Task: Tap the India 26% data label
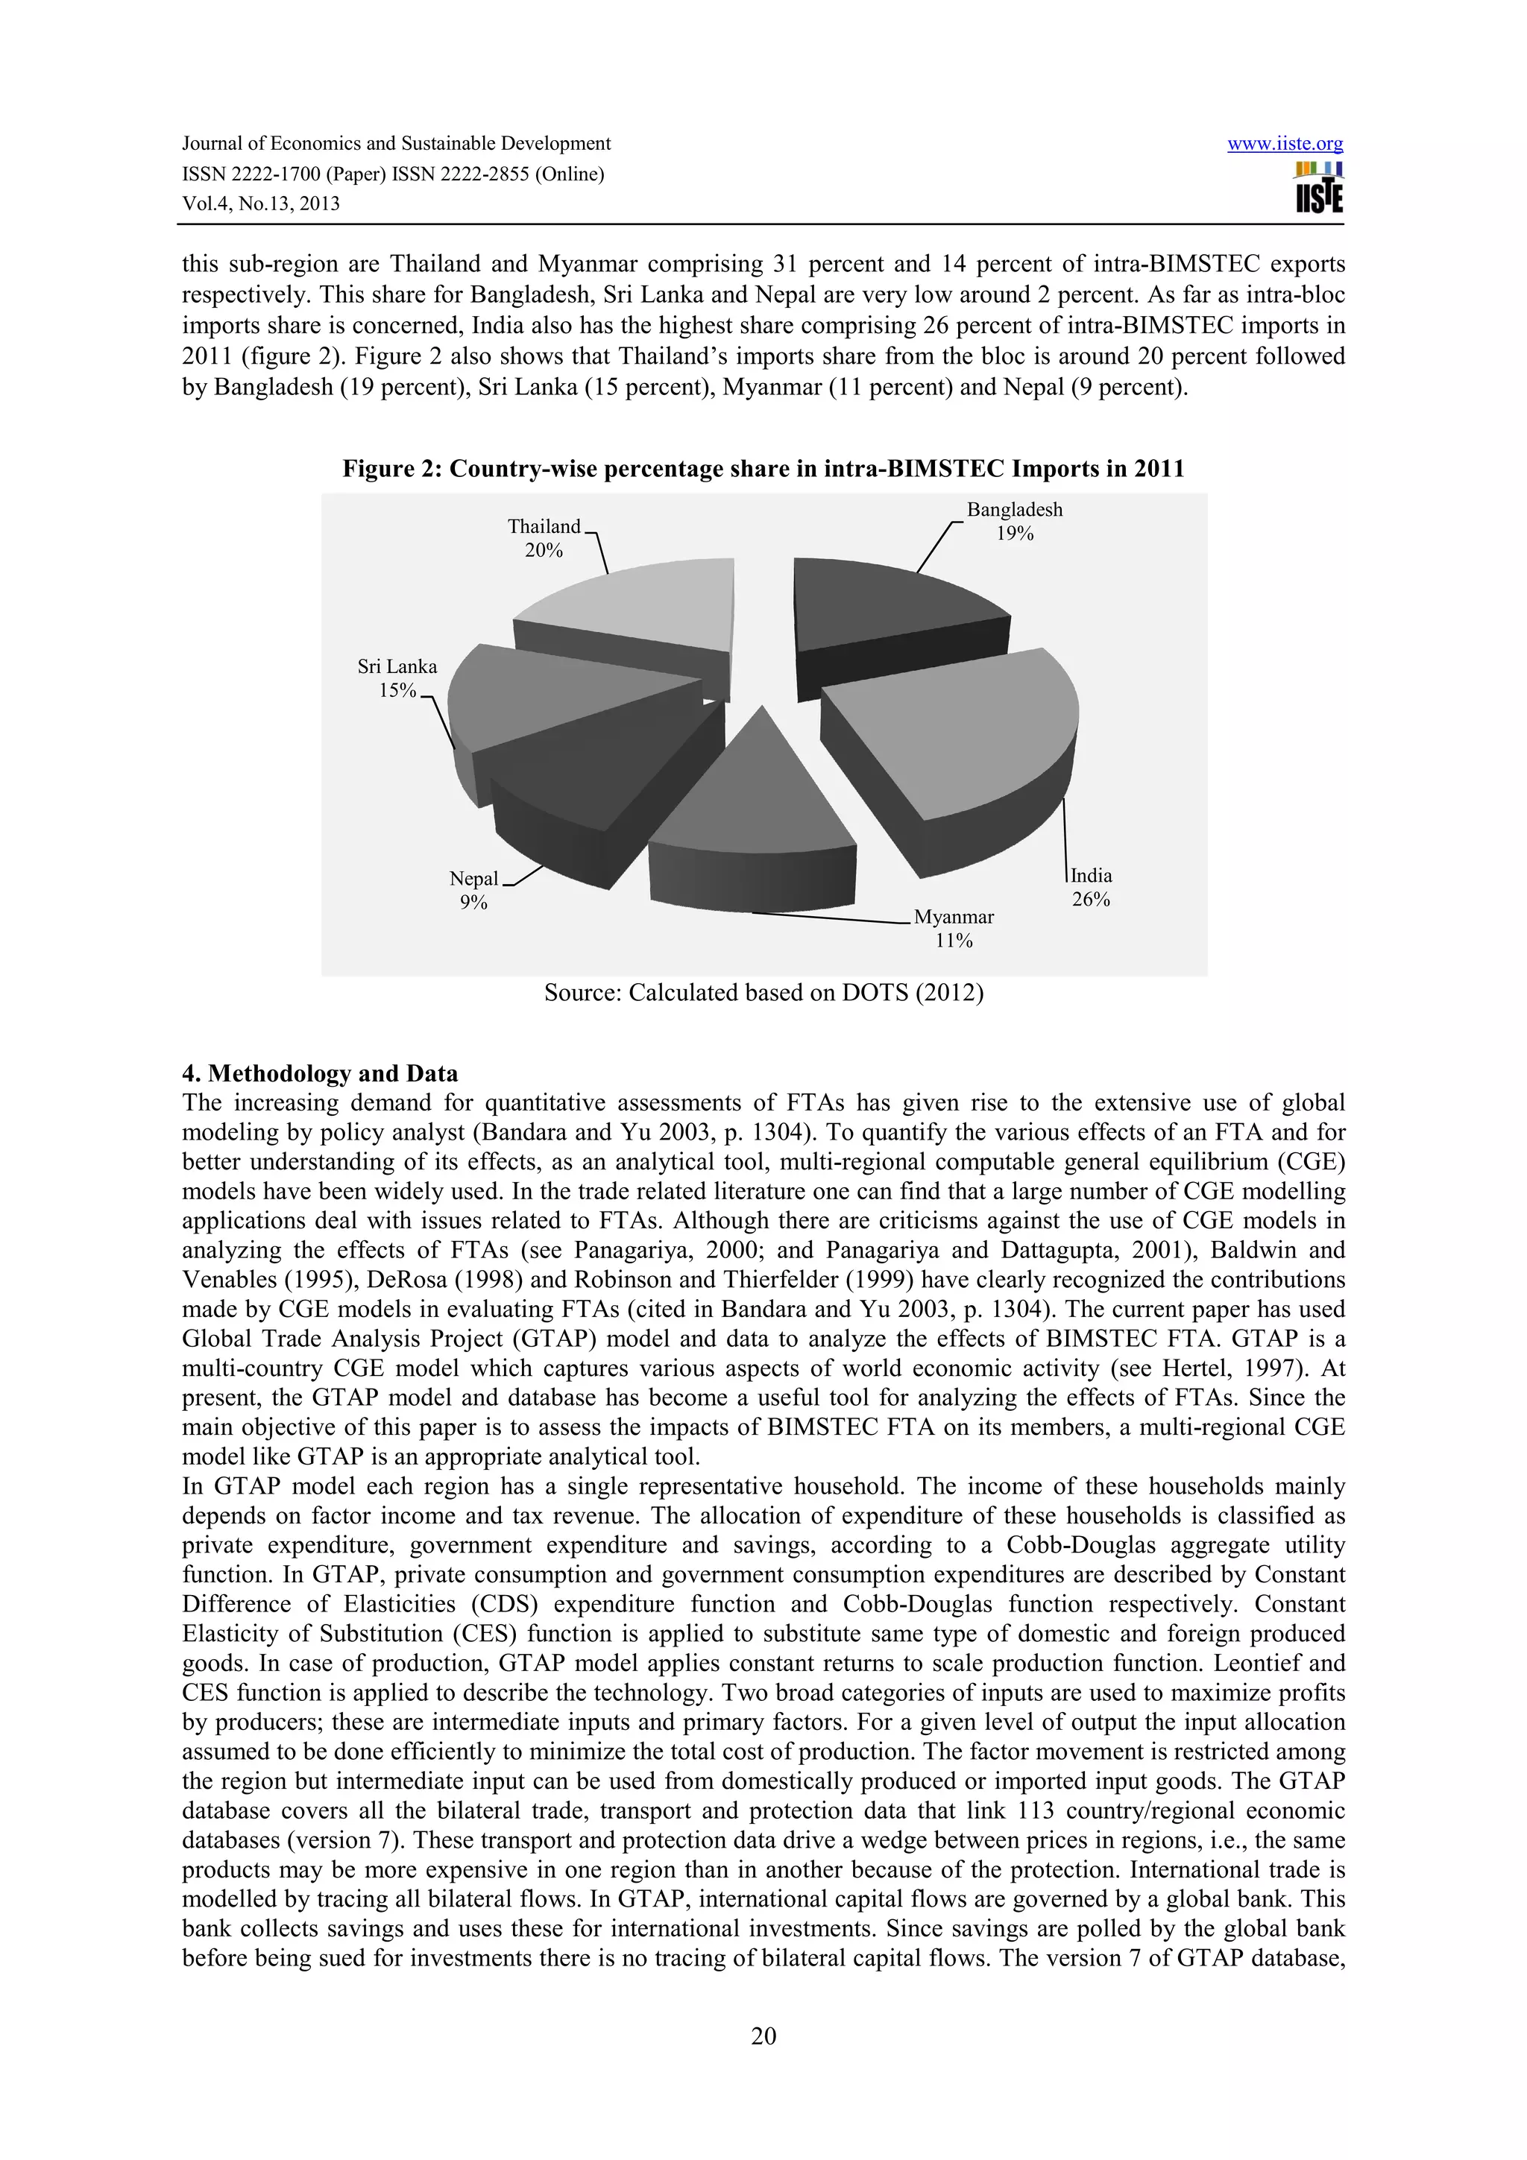click(1090, 887)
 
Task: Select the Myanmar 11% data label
click(953, 929)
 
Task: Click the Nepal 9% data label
click(473, 890)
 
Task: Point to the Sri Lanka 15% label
click(397, 678)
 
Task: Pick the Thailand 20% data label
click(544, 538)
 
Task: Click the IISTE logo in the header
click(1318, 188)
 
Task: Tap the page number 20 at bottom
click(763, 2036)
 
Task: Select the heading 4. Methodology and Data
click(320, 1073)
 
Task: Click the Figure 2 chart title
click(762, 469)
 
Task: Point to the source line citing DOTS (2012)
click(763, 993)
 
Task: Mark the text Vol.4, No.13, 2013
click(261, 203)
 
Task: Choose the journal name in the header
click(396, 144)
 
